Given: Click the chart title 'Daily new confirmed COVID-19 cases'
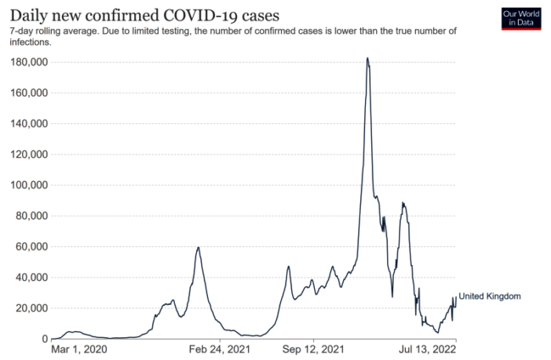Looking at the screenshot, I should click(144, 15).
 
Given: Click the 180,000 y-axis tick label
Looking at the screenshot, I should click(28, 62).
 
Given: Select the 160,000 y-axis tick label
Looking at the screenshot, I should click(28, 93).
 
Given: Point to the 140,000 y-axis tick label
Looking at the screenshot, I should click(28, 124).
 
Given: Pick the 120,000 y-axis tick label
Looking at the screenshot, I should click(28, 155).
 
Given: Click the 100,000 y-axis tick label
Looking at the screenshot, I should click(28, 185).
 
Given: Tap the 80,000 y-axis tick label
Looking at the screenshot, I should click(31, 216).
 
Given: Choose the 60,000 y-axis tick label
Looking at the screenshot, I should click(31, 247).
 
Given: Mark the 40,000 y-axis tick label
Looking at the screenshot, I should click(31, 278).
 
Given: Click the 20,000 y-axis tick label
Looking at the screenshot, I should click(31, 308).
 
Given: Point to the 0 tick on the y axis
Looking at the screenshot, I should click(45, 339).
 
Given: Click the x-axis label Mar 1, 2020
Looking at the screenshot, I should click(78, 350).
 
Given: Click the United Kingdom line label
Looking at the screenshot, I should click(490, 296).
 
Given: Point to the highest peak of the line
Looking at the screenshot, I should click(367, 58).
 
